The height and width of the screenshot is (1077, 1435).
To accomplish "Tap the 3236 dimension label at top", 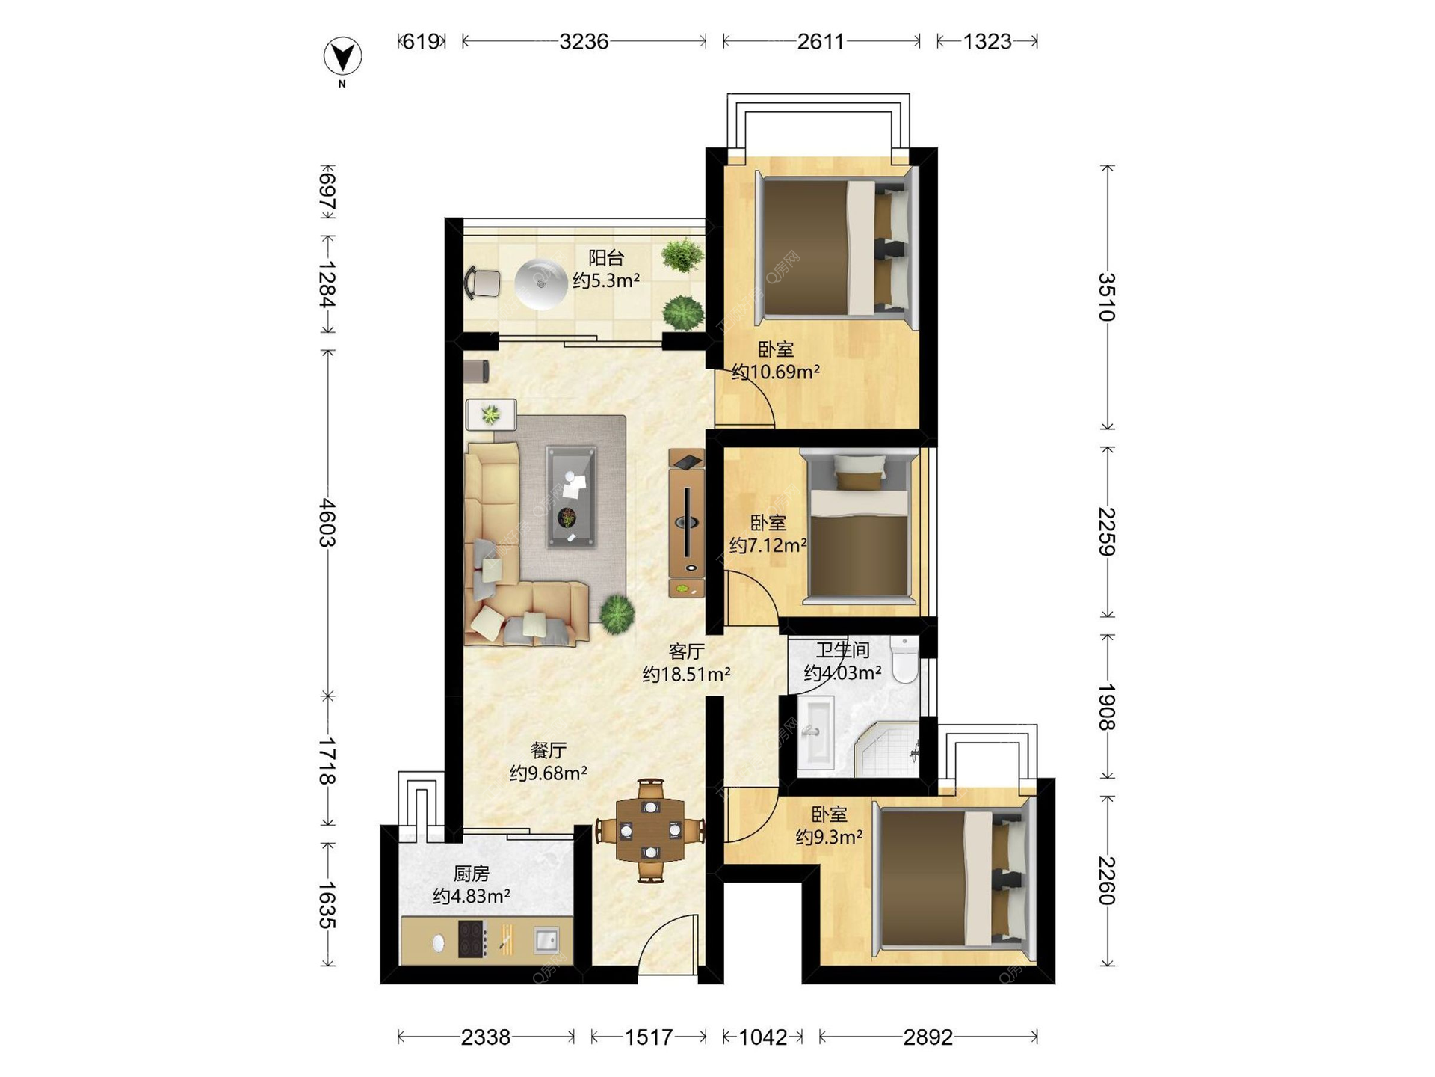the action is (x=584, y=41).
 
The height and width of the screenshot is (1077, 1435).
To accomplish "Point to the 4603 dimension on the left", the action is (x=327, y=523).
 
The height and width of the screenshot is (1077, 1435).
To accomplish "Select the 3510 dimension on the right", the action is (x=1107, y=297).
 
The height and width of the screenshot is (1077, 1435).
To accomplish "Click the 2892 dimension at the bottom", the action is (x=928, y=1037).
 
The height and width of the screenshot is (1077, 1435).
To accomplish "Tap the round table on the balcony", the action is (x=540, y=284).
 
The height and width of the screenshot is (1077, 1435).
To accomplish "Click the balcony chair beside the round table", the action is (x=483, y=283).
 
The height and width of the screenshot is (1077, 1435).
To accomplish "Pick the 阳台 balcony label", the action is (x=606, y=258).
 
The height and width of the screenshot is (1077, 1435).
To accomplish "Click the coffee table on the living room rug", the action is (x=571, y=497).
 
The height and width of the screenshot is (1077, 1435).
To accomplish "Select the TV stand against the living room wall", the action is (x=686, y=523).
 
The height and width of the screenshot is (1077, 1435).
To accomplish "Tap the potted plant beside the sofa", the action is (x=617, y=614).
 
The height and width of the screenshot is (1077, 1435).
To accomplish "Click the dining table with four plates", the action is (x=650, y=830).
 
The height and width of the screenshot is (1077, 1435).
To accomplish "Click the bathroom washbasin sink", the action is (x=815, y=733).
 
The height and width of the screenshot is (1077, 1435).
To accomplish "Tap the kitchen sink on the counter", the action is (x=546, y=940).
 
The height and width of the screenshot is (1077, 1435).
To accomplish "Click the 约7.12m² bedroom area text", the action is (x=768, y=546).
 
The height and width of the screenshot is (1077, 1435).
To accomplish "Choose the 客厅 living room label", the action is (x=686, y=651).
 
